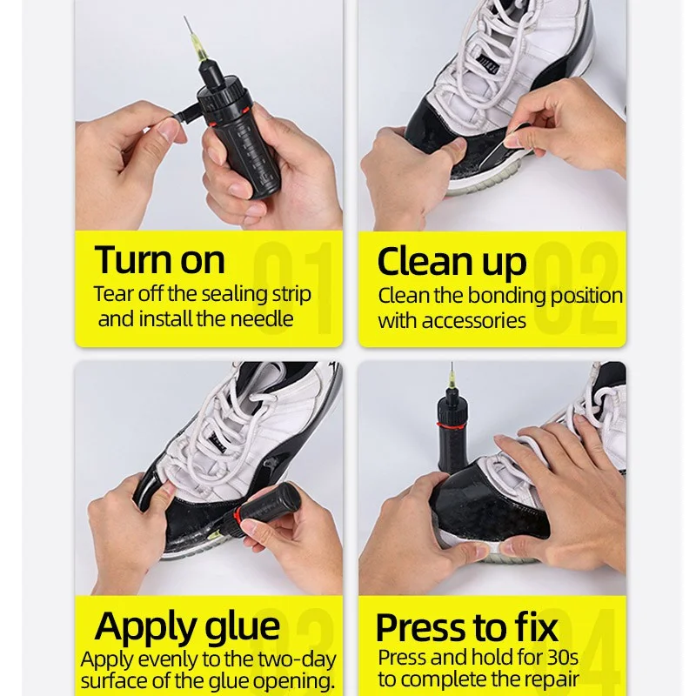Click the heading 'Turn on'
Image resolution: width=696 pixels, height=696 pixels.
160,259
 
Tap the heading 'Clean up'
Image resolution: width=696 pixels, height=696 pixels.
452,261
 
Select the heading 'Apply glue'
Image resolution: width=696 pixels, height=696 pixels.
187,626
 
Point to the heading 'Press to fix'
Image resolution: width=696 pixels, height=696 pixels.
465,627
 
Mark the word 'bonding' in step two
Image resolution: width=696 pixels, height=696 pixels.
506,295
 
